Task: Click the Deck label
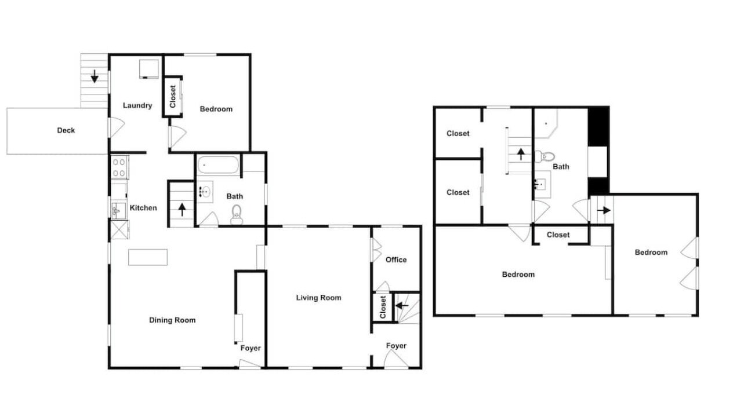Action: (x=66, y=130)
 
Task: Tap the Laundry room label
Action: (x=137, y=105)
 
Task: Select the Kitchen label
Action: (x=143, y=208)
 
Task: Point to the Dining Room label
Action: (x=172, y=320)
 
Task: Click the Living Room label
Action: (x=319, y=298)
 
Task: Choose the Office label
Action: (x=396, y=260)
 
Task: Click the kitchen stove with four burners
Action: (x=119, y=167)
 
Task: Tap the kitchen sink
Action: (x=118, y=210)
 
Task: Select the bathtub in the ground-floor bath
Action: (x=218, y=165)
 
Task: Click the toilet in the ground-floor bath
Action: (x=237, y=215)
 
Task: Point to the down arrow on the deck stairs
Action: (x=95, y=76)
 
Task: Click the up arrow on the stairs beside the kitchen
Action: (x=182, y=210)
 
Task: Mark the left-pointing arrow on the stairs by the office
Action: (x=402, y=306)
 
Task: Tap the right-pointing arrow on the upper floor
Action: (x=604, y=210)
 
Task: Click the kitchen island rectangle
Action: (x=148, y=257)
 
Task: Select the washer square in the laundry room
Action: (x=149, y=68)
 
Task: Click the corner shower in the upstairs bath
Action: (x=546, y=124)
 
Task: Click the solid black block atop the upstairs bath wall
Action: (x=598, y=127)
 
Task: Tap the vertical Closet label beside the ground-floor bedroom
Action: (x=173, y=97)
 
